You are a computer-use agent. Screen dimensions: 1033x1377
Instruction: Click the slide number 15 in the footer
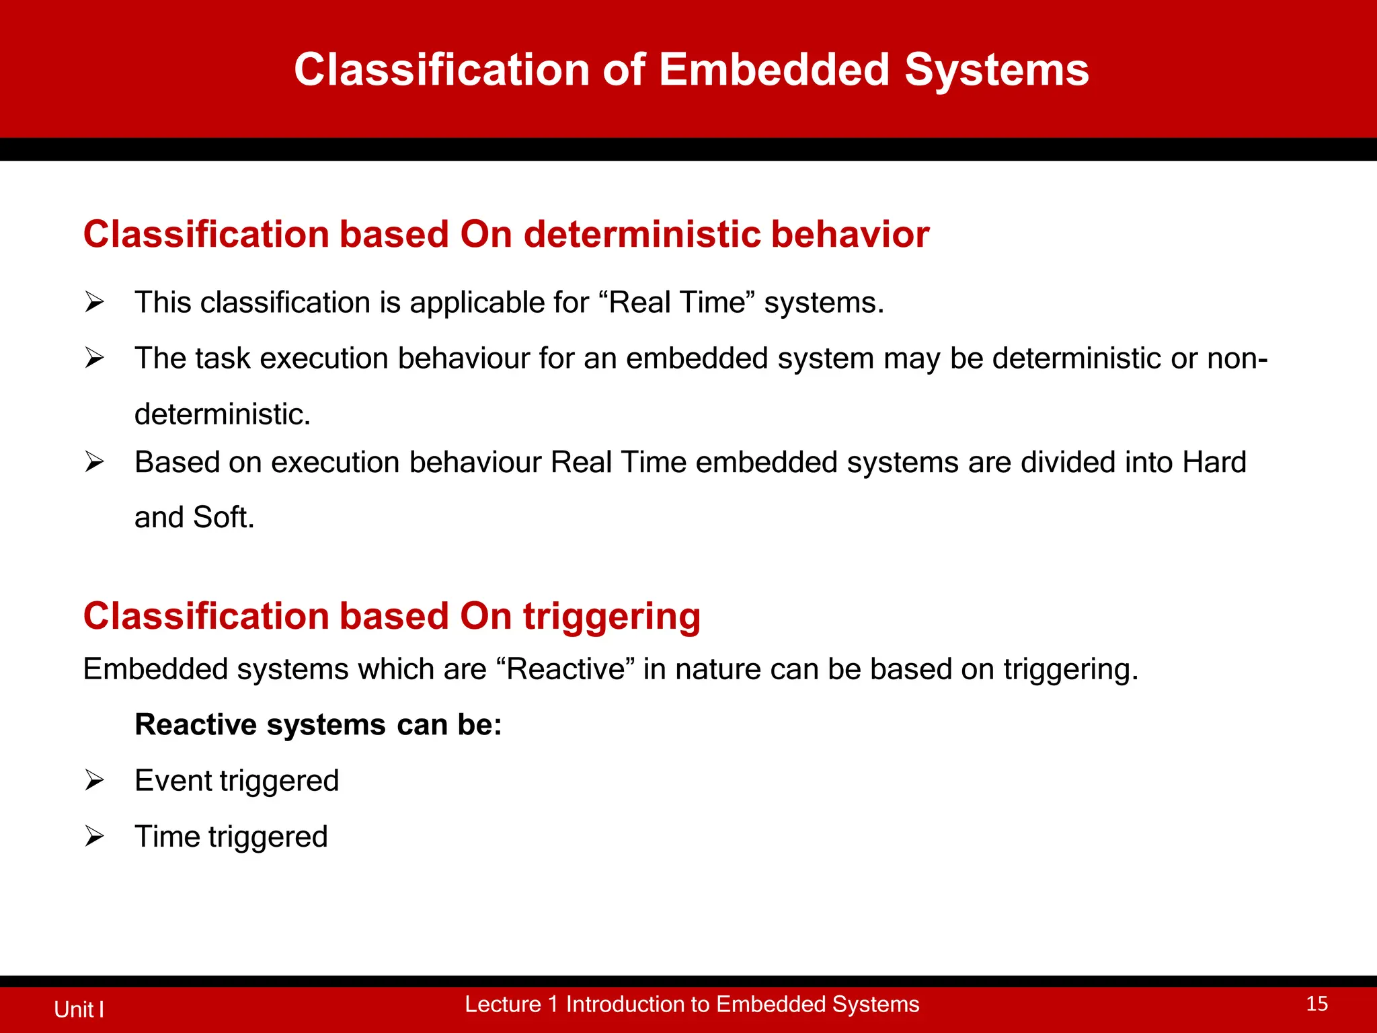click(x=1316, y=1004)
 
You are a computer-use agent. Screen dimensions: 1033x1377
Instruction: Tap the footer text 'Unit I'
click(x=79, y=1009)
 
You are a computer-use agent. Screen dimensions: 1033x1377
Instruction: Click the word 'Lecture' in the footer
click(x=502, y=1004)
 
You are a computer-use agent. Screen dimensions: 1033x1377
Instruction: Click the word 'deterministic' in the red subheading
click(x=641, y=234)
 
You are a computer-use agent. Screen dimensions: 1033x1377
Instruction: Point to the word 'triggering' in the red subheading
click(x=611, y=616)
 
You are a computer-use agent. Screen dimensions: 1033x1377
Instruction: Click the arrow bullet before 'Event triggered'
click(x=94, y=781)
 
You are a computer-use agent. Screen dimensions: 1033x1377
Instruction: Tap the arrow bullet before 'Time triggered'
click(x=94, y=837)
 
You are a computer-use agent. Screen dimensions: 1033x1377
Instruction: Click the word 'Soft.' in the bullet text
click(x=223, y=518)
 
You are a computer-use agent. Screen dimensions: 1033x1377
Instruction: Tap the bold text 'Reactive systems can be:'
click(x=318, y=725)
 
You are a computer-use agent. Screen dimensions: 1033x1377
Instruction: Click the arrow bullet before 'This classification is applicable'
click(x=94, y=303)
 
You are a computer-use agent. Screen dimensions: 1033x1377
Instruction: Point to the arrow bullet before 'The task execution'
click(x=94, y=358)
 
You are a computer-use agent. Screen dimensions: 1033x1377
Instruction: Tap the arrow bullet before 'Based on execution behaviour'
click(x=94, y=463)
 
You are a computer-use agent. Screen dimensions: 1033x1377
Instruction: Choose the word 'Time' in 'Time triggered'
click(x=167, y=837)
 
